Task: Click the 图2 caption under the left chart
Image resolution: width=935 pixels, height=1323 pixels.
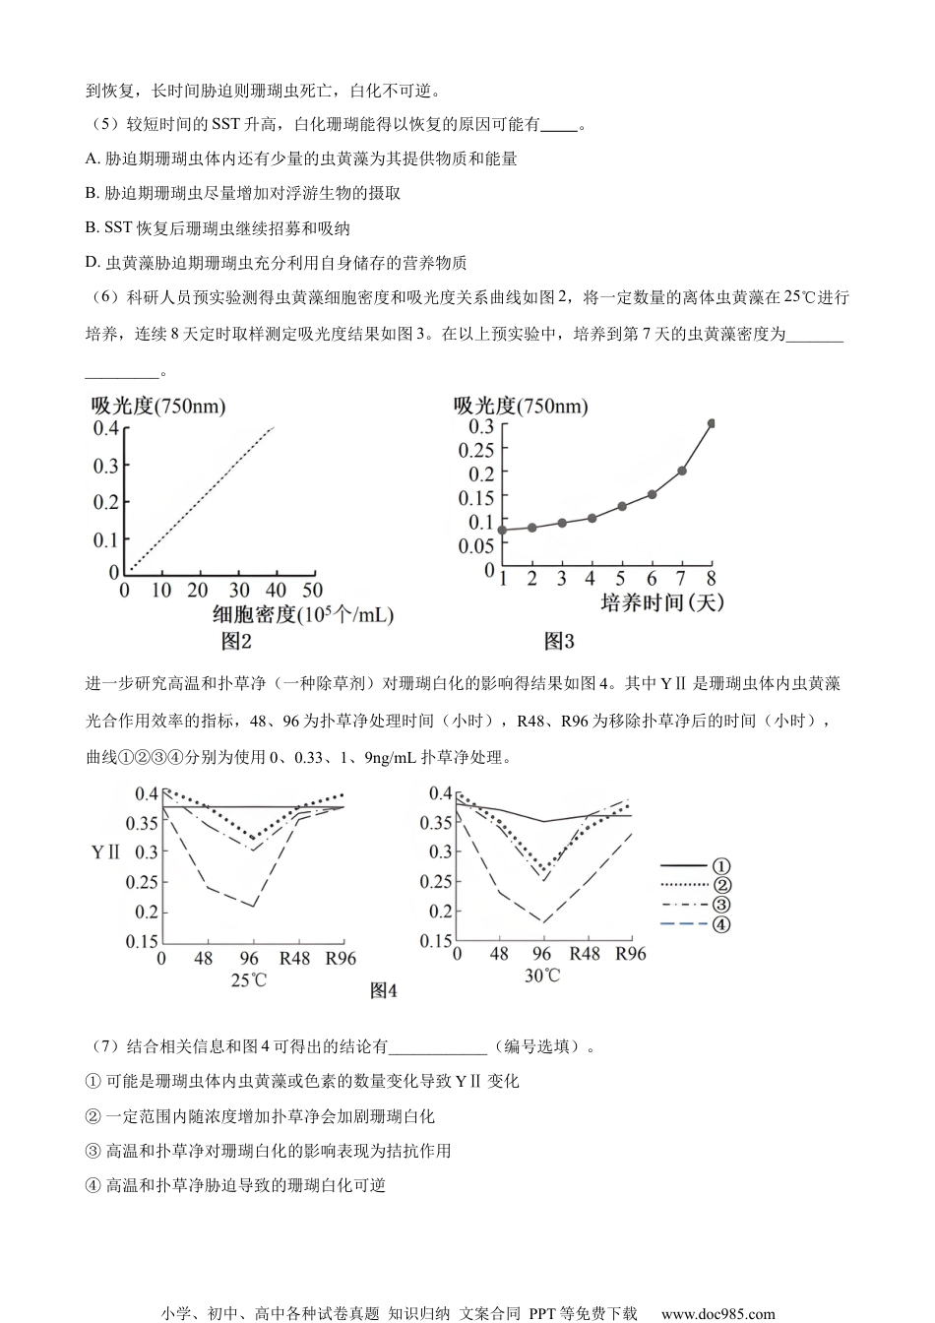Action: click(x=236, y=642)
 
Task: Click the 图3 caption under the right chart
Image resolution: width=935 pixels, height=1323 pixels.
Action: click(x=559, y=642)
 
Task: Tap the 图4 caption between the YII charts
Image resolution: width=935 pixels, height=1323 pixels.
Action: click(x=384, y=991)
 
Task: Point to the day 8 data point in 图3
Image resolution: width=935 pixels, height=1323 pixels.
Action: click(x=712, y=423)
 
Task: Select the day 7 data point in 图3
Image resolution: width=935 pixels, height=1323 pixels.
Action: click(x=682, y=471)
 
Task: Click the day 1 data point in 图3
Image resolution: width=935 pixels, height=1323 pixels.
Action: click(x=502, y=530)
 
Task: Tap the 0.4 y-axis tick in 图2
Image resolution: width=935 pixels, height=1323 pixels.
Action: click(x=105, y=428)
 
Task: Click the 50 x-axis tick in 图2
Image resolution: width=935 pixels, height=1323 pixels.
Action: click(x=312, y=591)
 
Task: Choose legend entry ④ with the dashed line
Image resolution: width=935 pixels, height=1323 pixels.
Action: click(x=696, y=923)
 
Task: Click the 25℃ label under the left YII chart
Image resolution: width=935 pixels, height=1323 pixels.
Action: click(x=249, y=979)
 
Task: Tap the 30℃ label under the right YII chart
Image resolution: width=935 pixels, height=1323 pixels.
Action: click(x=541, y=976)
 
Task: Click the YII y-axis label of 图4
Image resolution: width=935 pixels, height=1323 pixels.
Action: click(x=105, y=851)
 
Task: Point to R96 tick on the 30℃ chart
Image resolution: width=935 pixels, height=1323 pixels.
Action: click(x=631, y=953)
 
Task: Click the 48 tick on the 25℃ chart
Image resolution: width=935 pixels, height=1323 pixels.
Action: click(x=204, y=958)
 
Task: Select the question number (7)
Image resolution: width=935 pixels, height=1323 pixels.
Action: click(x=102, y=1046)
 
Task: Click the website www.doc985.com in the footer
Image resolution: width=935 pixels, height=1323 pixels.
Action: click(x=717, y=1313)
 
